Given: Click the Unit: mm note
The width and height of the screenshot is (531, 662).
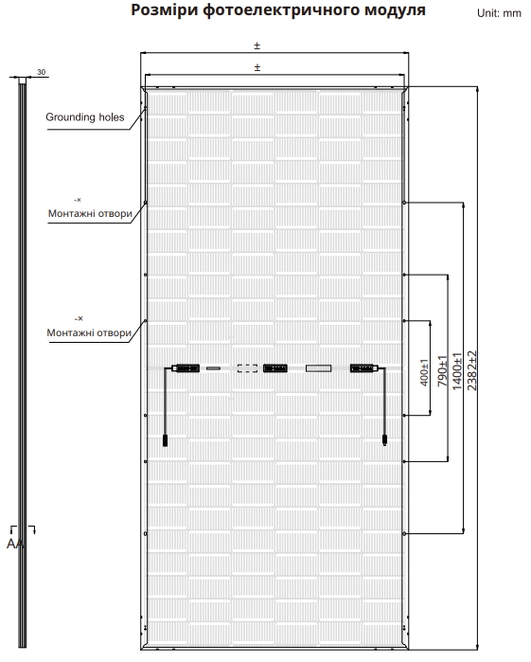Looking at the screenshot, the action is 499,13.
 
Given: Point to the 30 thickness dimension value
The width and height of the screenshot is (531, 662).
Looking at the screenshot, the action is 41,72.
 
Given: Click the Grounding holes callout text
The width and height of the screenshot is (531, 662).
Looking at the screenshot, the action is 85,116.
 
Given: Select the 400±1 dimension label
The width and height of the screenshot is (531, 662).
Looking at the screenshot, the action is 424,372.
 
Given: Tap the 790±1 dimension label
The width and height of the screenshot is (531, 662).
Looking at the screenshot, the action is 442,371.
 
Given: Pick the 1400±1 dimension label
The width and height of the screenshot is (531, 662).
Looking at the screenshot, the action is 457,371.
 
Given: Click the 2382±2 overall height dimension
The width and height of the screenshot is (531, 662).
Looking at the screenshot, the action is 472,370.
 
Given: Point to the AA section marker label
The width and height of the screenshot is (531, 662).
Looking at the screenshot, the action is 15,544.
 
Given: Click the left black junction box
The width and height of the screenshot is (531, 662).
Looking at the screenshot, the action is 186,368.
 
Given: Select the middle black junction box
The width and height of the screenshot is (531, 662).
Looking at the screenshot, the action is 275,368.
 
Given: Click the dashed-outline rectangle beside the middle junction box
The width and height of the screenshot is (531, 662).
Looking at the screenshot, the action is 247,368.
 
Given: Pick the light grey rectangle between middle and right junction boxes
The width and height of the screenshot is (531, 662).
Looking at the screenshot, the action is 318,368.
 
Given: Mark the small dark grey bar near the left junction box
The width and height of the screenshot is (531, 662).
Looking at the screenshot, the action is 213,368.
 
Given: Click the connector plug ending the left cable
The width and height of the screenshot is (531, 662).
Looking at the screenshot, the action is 165,440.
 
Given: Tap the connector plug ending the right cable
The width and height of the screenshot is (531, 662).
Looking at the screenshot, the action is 384,439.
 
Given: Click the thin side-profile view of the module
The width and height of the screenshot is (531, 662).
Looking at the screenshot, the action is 22,362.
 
